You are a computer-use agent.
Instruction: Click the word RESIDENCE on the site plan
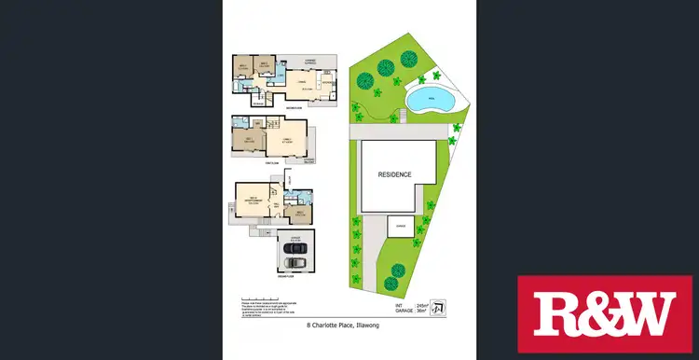click(395, 174)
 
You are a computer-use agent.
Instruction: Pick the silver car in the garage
click(294, 261)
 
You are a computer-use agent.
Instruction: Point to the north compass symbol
click(440, 307)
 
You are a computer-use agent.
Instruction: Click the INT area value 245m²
click(421, 304)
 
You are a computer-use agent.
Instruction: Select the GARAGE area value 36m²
click(421, 312)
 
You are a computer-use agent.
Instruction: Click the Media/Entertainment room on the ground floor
click(252, 198)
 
